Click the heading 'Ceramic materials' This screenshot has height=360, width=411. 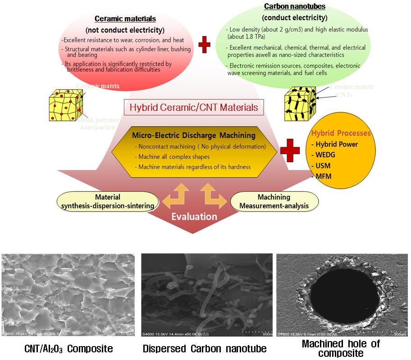tap(125, 19)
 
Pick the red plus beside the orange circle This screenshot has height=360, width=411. tap(290, 151)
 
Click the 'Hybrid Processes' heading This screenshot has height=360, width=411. tap(341, 133)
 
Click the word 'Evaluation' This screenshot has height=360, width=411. tap(194, 217)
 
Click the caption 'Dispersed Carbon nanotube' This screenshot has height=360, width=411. tap(205, 348)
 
